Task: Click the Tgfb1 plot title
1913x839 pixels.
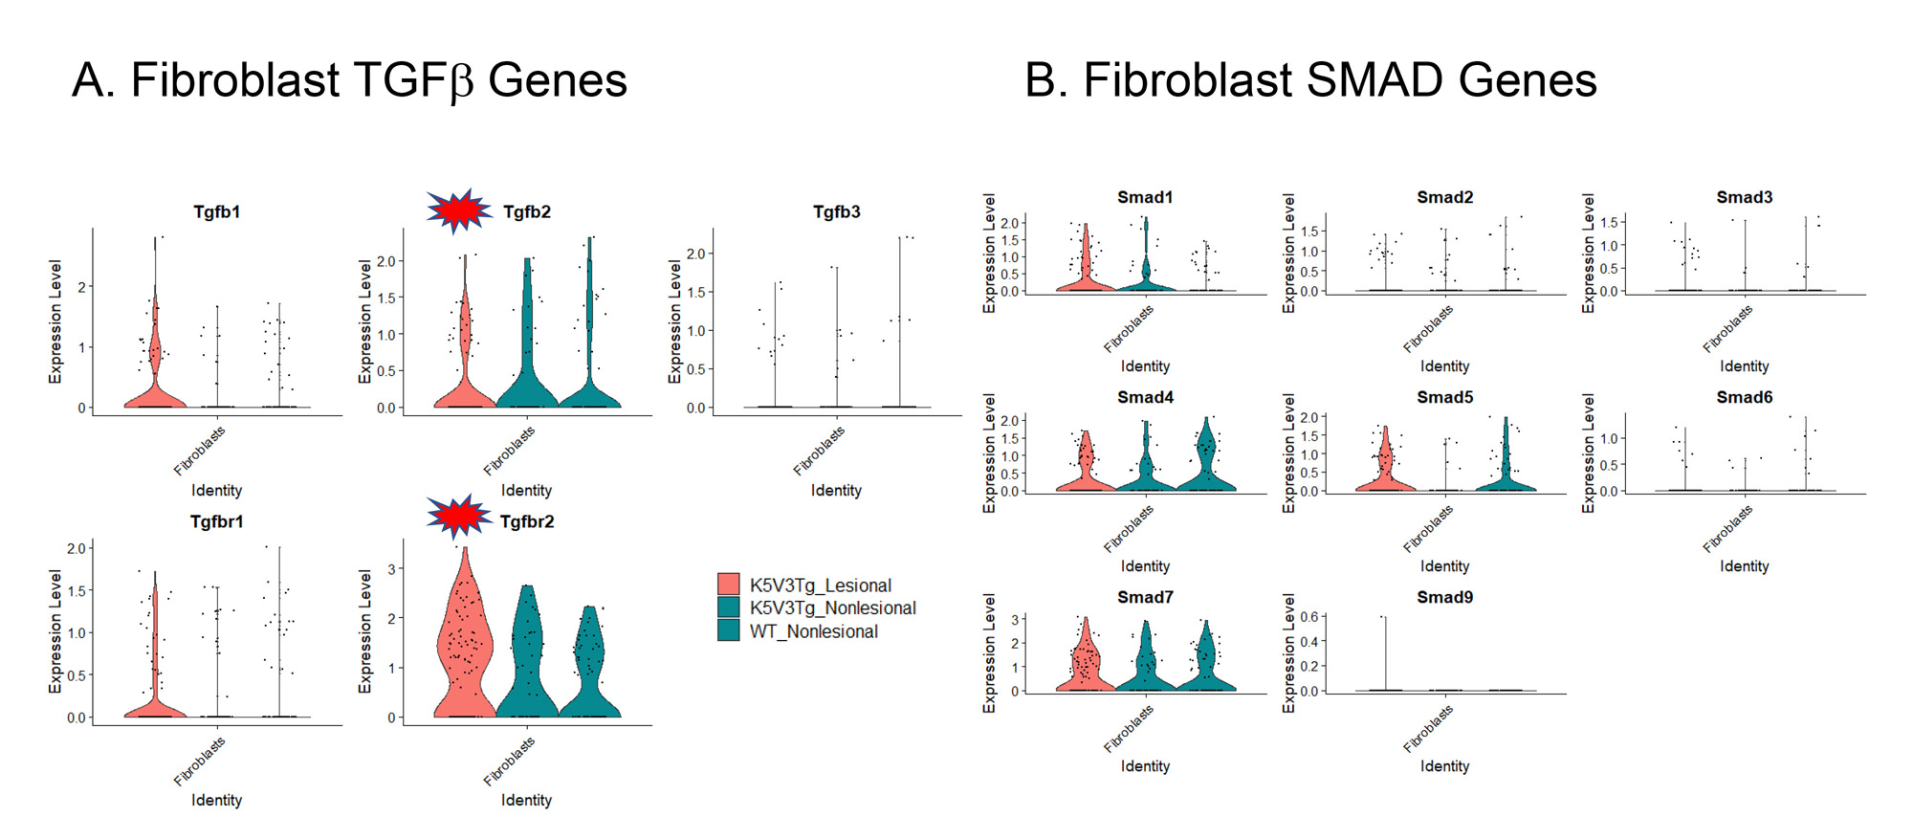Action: tap(216, 211)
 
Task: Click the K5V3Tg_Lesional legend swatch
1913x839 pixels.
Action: tap(728, 585)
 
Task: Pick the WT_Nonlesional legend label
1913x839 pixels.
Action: tap(813, 631)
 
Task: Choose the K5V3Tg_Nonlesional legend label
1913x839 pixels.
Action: tap(832, 608)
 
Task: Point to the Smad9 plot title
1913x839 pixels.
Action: tap(1444, 597)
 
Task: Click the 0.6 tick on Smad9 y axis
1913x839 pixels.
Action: tap(1308, 617)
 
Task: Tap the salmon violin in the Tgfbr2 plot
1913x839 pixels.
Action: tap(464, 651)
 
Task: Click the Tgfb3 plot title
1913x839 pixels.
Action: tap(836, 211)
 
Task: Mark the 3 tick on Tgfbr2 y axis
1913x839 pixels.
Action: tap(391, 569)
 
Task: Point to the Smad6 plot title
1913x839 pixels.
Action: tap(1744, 397)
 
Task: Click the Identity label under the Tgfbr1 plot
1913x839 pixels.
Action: tap(216, 800)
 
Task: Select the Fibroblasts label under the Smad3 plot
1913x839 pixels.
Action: tap(1727, 328)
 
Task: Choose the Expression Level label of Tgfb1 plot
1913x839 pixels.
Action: tap(55, 321)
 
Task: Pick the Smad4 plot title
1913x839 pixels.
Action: tap(1145, 397)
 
